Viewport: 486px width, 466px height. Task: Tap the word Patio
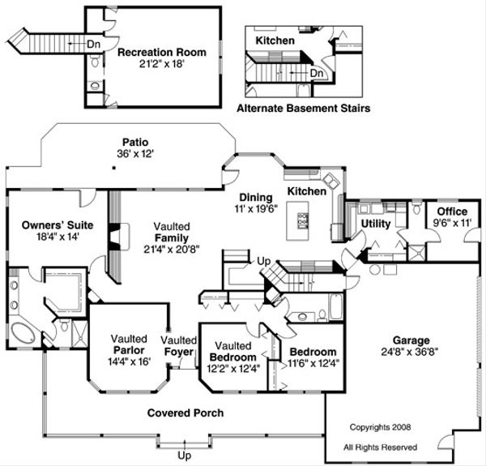tap(134, 139)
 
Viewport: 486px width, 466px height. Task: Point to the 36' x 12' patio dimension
tap(134, 152)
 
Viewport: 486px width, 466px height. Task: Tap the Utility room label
tap(377, 223)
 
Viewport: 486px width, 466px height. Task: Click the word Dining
tap(254, 197)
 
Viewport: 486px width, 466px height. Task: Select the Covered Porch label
tap(185, 413)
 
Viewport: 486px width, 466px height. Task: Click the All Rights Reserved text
tap(381, 447)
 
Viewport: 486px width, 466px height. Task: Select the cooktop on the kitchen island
tap(303, 220)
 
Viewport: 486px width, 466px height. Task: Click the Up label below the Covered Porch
tap(184, 455)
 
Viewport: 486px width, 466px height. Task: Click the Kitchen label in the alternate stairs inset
tap(275, 40)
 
